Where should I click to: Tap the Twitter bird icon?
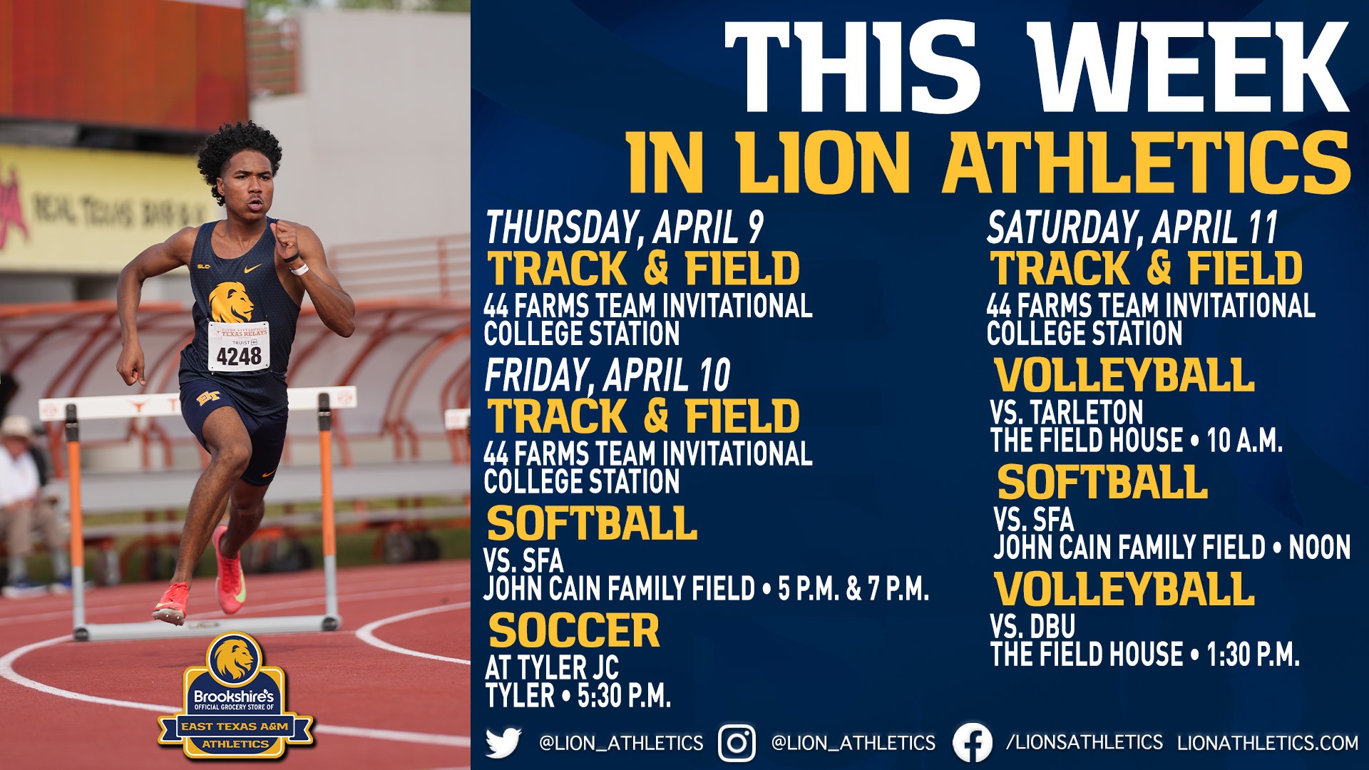pos(503,743)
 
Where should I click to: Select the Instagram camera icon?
pos(737,743)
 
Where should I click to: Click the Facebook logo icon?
pos(972,743)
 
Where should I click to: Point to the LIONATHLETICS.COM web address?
pos(1268,743)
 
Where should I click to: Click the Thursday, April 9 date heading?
pos(625,227)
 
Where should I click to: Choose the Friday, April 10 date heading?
pos(607,375)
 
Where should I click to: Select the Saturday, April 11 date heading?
pos(1132,227)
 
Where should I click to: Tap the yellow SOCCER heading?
pos(574,630)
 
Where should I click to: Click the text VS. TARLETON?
pos(1067,412)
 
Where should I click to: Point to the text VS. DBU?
pos(1032,626)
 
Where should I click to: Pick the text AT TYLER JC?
pos(552,668)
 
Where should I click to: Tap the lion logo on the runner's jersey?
pos(231,302)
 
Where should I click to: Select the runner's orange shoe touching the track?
pos(170,602)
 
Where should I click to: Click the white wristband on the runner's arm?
pos(299,269)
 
